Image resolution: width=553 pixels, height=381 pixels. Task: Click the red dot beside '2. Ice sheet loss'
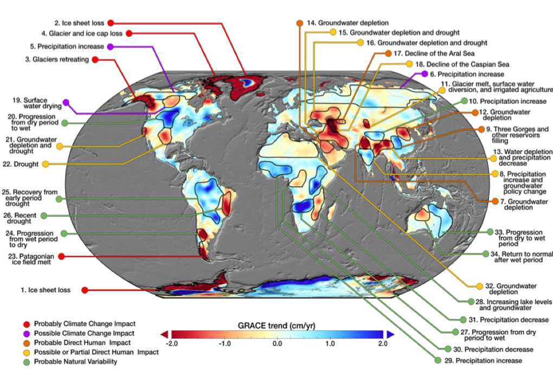[x=110, y=23]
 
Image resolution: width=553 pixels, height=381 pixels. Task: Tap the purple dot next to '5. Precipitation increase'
[x=110, y=47]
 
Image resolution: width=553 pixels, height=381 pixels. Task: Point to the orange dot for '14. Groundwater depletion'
[x=299, y=23]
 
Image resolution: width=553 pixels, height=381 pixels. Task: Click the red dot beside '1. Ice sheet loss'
[x=85, y=290]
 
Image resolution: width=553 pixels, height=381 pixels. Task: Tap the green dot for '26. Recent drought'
[x=44, y=215]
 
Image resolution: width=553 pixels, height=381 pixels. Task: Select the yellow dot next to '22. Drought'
[x=46, y=163]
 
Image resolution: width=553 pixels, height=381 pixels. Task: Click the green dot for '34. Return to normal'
[x=486, y=253]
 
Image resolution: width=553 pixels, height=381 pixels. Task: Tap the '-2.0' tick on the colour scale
[x=172, y=344]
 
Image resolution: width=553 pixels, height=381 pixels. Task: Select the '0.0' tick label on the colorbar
[x=276, y=344]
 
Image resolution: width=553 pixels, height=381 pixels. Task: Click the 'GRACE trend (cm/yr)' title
[x=276, y=326]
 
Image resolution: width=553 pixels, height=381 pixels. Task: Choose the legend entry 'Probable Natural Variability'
[x=75, y=361]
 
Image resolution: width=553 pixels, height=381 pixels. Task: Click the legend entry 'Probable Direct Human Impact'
[x=82, y=342]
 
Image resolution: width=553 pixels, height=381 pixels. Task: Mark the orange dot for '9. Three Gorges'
[x=480, y=129]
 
